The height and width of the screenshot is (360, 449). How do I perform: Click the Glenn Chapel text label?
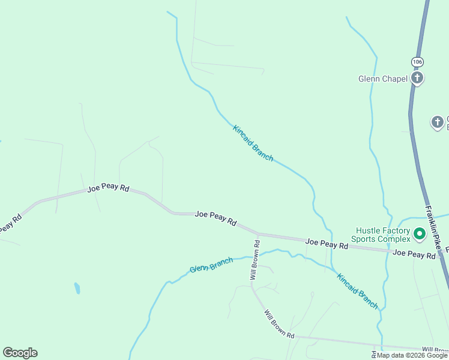pyautogui.click(x=382, y=79)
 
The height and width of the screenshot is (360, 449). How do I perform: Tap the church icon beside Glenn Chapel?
pyautogui.click(x=417, y=78)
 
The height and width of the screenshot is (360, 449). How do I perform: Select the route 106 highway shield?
pyautogui.click(x=417, y=62)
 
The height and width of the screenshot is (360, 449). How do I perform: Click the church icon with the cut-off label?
pyautogui.click(x=438, y=122)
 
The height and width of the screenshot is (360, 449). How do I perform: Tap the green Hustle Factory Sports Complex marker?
pyautogui.click(x=420, y=233)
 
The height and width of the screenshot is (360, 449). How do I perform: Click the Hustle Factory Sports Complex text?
pyautogui.click(x=382, y=234)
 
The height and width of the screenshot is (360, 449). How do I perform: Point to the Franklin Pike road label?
pyautogui.click(x=436, y=228)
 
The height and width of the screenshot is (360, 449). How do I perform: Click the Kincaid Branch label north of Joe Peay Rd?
pyautogui.click(x=253, y=143)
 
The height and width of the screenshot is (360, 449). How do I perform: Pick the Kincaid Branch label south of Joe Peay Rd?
pyautogui.click(x=357, y=291)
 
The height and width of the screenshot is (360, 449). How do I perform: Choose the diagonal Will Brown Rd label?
pyautogui.click(x=279, y=323)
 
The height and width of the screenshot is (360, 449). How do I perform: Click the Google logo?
pyautogui.click(x=20, y=353)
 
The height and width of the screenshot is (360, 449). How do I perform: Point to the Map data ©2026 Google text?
pyautogui.click(x=412, y=355)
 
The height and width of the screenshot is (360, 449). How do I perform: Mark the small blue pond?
pyautogui.click(x=77, y=288)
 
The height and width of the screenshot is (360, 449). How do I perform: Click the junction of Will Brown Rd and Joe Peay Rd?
pyautogui.click(x=258, y=233)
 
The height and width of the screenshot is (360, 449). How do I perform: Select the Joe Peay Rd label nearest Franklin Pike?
pyautogui.click(x=414, y=255)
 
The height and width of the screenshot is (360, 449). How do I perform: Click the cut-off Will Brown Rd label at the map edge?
pyautogui.click(x=435, y=349)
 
